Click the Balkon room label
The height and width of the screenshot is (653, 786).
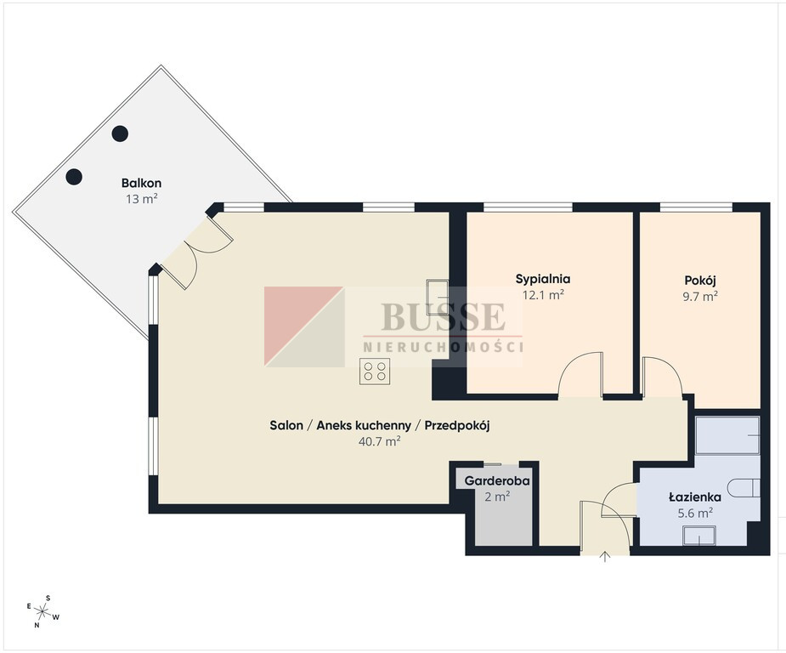pos(141,183)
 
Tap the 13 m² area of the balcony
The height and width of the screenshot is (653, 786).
pos(142,199)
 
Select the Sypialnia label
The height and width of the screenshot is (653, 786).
pos(543,280)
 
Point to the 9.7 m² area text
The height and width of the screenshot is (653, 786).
pos(700,296)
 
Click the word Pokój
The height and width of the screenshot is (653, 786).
pos(700,281)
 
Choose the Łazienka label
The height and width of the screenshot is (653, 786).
pos(695,497)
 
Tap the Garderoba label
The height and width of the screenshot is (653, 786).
pos(497,480)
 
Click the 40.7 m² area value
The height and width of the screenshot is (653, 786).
pos(380,441)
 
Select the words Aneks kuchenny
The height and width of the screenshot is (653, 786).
pos(364,426)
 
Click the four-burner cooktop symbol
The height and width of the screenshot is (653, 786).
pos(375,372)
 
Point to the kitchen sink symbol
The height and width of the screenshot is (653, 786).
pos(438,297)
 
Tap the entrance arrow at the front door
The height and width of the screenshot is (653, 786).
pos(605,556)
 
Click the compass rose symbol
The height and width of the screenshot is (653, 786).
pos(43,611)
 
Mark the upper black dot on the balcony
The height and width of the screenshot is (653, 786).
pos(120,133)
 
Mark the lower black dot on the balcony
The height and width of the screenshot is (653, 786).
pos(74,177)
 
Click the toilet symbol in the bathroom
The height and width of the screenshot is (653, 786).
pos(744,488)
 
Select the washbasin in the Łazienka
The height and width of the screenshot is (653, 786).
pos(699,536)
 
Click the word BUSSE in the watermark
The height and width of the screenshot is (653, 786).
pos(443,316)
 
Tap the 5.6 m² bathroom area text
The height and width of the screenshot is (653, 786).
pos(695,513)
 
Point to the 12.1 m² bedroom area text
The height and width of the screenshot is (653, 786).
pos(543,295)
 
